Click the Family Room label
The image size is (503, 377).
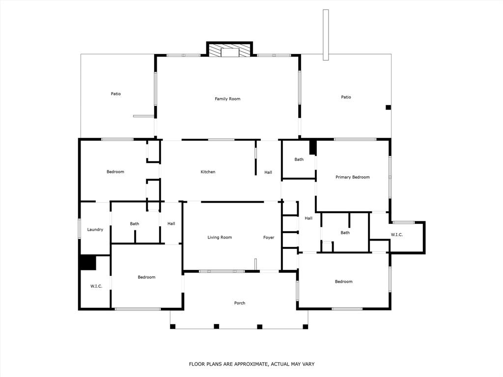(x=227, y=99)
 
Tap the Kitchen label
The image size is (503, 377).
(x=208, y=172)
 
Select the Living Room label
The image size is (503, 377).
(x=220, y=238)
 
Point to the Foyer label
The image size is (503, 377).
(x=269, y=238)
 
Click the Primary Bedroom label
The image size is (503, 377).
(x=352, y=177)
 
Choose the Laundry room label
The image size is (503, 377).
(x=95, y=230)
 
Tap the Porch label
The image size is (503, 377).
(x=239, y=303)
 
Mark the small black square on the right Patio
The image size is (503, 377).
(x=388, y=108)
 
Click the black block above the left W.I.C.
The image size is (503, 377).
(x=88, y=262)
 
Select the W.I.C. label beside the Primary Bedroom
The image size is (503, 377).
(x=396, y=235)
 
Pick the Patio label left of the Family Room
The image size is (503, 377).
(x=115, y=94)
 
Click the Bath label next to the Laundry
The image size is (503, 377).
(x=134, y=224)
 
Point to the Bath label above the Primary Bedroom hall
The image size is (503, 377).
(x=299, y=160)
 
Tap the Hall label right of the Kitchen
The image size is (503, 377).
(x=268, y=172)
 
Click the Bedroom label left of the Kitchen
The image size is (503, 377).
(x=115, y=172)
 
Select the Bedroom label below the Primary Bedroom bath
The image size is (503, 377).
(x=343, y=282)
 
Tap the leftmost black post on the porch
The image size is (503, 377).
(x=173, y=326)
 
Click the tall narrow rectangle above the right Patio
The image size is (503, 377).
(x=325, y=35)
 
